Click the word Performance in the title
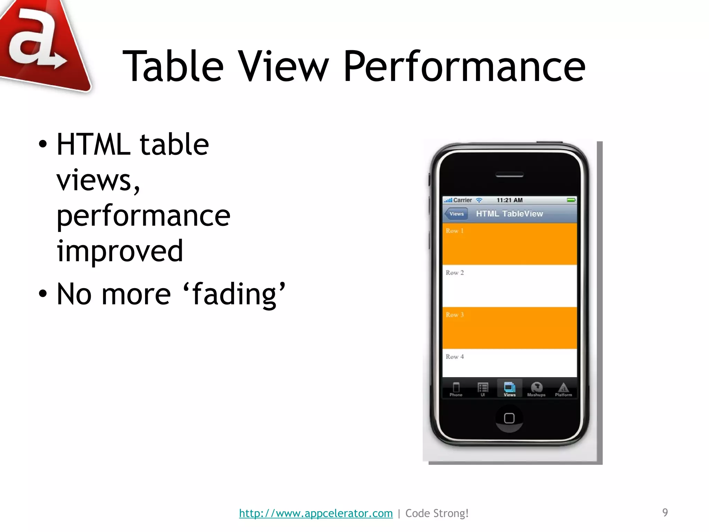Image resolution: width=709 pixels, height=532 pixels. tap(464, 66)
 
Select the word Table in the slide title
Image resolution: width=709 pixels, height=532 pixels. tap(173, 66)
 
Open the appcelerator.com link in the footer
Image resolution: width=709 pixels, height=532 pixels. tap(316, 513)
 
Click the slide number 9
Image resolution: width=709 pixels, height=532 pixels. tap(665, 512)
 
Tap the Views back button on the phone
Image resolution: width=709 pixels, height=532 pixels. tap(456, 214)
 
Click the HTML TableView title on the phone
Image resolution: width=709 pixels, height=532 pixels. tap(509, 214)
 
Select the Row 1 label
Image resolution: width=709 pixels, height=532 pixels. tap(455, 231)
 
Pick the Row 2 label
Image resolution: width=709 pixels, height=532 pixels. tap(455, 273)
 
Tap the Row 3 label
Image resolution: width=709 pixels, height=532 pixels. tap(455, 314)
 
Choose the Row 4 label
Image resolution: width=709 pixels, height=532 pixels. tap(455, 356)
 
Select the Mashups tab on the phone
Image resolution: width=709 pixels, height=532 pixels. tap(536, 389)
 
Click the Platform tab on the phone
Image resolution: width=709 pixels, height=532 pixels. tap(563, 389)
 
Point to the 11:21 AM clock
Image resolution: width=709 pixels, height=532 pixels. tap(509, 200)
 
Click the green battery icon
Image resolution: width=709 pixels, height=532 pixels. tap(571, 200)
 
